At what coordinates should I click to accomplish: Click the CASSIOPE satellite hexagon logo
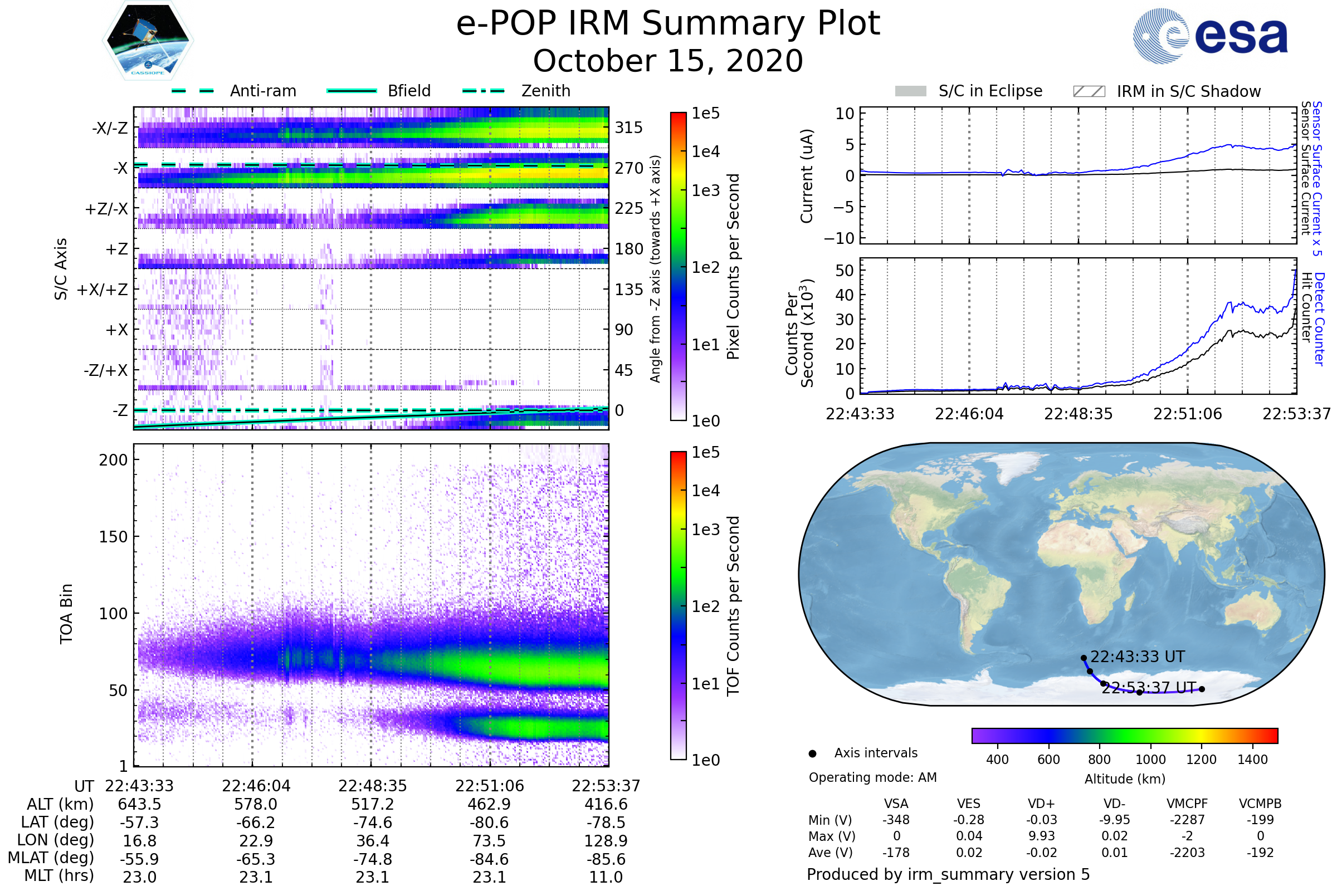pyautogui.click(x=148, y=40)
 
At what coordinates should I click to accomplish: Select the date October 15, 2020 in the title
pyautogui.click(x=668, y=61)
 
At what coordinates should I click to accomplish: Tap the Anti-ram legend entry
pyautogui.click(x=262, y=91)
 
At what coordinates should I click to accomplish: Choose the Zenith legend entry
pyautogui.click(x=545, y=91)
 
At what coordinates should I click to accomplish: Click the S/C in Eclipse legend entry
pyautogui.click(x=990, y=91)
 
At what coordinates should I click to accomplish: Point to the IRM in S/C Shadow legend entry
pyautogui.click(x=1188, y=91)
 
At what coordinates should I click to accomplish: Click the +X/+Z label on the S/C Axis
pyautogui.click(x=103, y=290)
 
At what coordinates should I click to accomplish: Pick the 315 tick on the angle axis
pyautogui.click(x=628, y=128)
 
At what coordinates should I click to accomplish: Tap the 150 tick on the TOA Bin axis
pyautogui.click(x=113, y=537)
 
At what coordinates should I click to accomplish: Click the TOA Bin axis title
pyautogui.click(x=66, y=613)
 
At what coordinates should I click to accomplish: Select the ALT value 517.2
pyautogui.click(x=372, y=804)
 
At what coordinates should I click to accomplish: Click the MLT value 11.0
pyautogui.click(x=606, y=877)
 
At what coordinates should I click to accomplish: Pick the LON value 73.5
pyautogui.click(x=489, y=840)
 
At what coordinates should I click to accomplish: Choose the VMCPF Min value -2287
pyautogui.click(x=1187, y=820)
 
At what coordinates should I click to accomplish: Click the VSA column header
pyautogui.click(x=896, y=804)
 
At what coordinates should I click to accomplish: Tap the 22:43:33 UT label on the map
pyautogui.click(x=1137, y=657)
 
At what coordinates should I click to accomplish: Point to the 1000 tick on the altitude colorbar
pyautogui.click(x=1150, y=759)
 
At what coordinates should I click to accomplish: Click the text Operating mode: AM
pyautogui.click(x=872, y=777)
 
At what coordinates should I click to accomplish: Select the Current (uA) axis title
pyautogui.click(x=807, y=176)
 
